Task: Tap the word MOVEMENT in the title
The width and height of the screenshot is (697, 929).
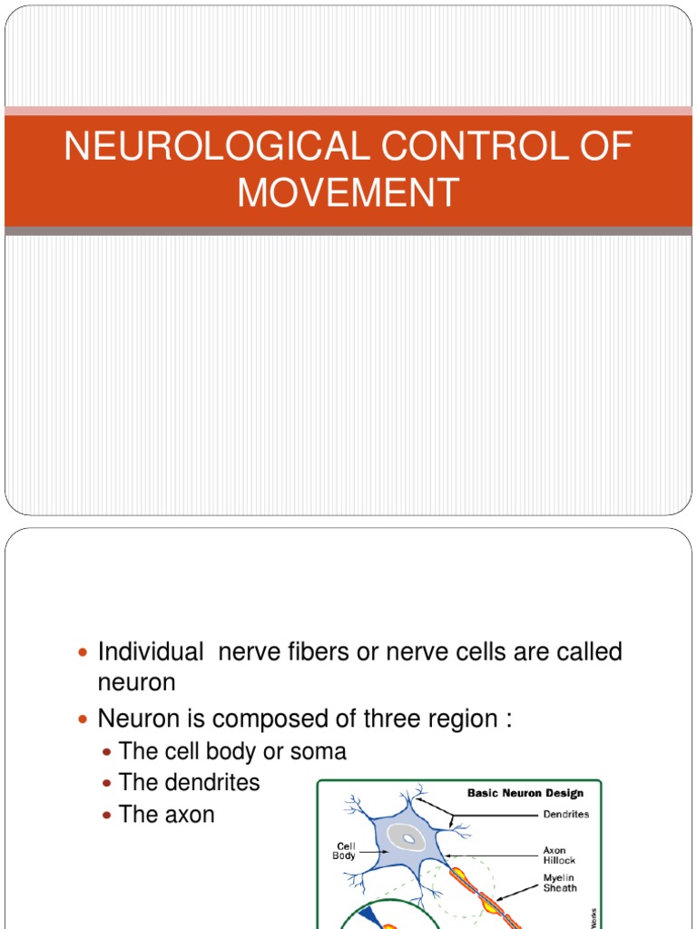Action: pyautogui.click(x=348, y=193)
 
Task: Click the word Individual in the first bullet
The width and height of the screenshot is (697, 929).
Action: pyautogui.click(x=151, y=651)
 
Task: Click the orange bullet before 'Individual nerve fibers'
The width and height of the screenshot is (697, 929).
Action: pyautogui.click(x=84, y=653)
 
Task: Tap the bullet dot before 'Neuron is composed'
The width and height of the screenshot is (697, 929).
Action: pyautogui.click(x=84, y=720)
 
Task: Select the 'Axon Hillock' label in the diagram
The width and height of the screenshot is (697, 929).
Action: pyautogui.click(x=556, y=856)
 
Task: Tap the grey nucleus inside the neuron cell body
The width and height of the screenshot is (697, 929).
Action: pyautogui.click(x=409, y=839)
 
